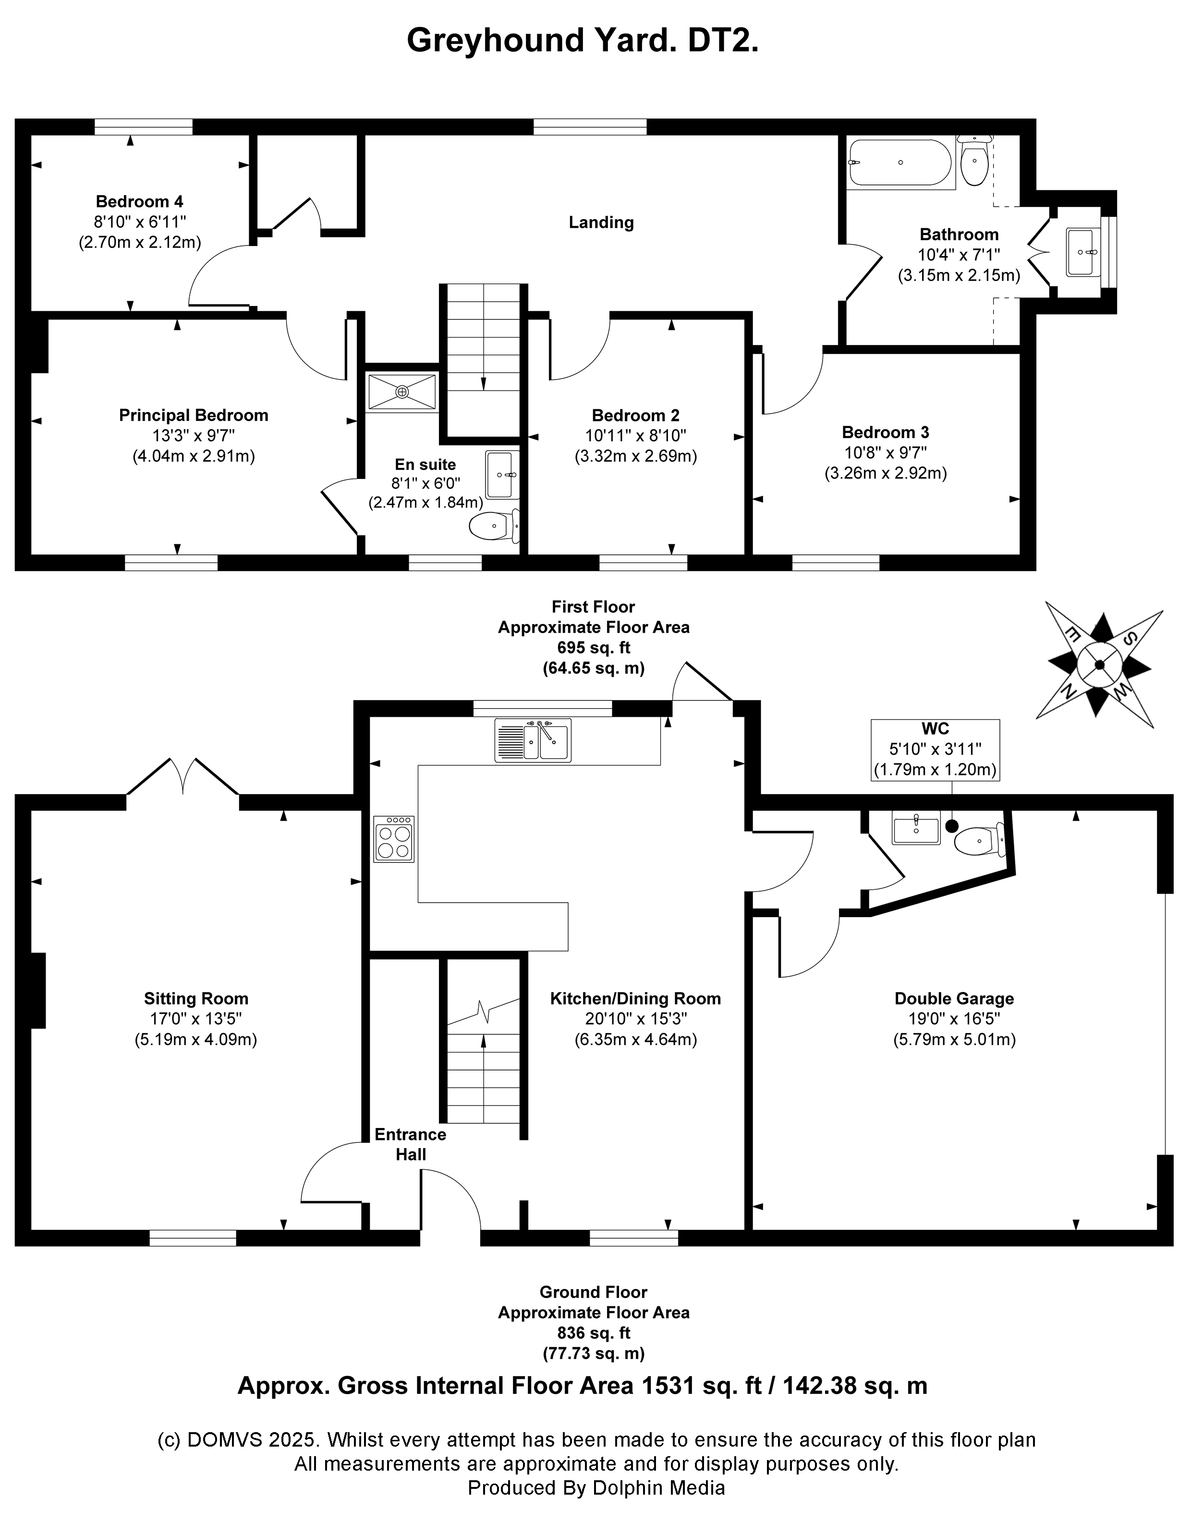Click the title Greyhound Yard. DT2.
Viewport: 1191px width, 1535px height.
(x=583, y=41)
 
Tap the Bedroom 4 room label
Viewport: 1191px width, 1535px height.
(x=139, y=202)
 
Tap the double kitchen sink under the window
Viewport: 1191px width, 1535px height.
(x=532, y=740)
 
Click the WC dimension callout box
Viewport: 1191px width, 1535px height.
(x=935, y=749)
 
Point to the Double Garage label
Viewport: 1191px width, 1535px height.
(x=953, y=998)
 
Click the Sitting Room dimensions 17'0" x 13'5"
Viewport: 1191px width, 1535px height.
(x=195, y=1019)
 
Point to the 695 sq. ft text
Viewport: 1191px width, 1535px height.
(x=593, y=647)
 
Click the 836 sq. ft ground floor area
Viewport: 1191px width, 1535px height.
(x=593, y=1333)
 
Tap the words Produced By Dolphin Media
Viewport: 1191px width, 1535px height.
(x=596, y=1487)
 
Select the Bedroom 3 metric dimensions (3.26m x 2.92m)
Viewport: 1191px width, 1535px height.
(x=886, y=473)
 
